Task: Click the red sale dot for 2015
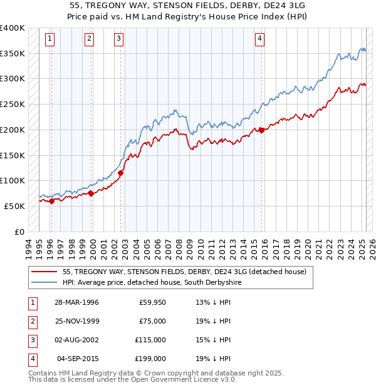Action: coord(261,130)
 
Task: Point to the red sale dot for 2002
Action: coord(121,173)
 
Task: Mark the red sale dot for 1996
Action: coord(52,201)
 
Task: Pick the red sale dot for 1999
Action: coord(91,193)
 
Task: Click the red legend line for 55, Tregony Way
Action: coord(44,272)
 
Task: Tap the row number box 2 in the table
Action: coord(31,321)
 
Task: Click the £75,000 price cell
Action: coord(152,321)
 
